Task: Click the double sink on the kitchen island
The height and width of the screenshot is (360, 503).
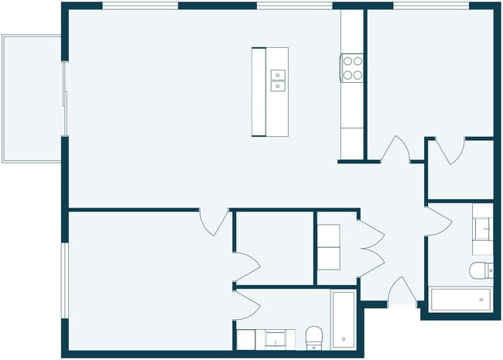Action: click(x=278, y=80)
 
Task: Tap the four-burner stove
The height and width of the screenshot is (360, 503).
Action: click(x=353, y=67)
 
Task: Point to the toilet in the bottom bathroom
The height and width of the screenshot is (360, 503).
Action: click(x=314, y=336)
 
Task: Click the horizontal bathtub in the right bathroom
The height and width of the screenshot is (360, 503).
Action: click(x=460, y=299)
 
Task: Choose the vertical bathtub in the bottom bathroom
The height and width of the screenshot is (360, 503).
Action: click(x=343, y=319)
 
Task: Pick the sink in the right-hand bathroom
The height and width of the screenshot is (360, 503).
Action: click(x=483, y=229)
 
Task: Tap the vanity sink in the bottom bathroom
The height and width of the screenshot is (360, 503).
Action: click(x=275, y=338)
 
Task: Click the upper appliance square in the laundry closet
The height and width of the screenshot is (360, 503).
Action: click(x=328, y=235)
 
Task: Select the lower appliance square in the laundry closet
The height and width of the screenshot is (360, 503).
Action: click(x=328, y=259)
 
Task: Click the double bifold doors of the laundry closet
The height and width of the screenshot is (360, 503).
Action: click(x=370, y=247)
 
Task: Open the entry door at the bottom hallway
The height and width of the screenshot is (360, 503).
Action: click(x=401, y=293)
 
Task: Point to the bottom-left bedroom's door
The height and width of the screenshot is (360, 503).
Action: click(x=214, y=221)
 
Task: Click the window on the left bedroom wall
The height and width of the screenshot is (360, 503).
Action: click(x=64, y=280)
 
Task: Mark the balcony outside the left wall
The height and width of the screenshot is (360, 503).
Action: click(x=32, y=98)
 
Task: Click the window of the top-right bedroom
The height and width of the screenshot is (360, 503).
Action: click(x=431, y=6)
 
